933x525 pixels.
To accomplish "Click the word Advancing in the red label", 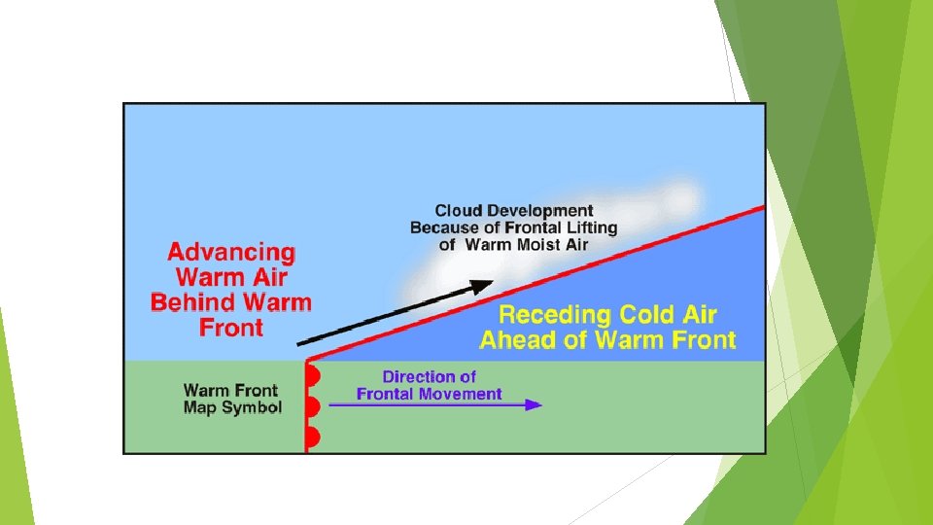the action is (231, 253).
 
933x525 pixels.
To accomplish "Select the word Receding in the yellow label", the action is (554, 315).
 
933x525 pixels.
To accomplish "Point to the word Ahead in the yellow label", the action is (514, 340).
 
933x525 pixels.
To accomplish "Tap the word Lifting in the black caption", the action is (586, 227).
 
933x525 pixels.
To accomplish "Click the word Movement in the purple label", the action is (463, 394).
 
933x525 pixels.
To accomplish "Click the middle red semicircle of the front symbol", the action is (313, 406).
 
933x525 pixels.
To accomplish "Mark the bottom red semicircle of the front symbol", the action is (313, 437).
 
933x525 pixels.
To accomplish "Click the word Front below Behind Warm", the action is (231, 328).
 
